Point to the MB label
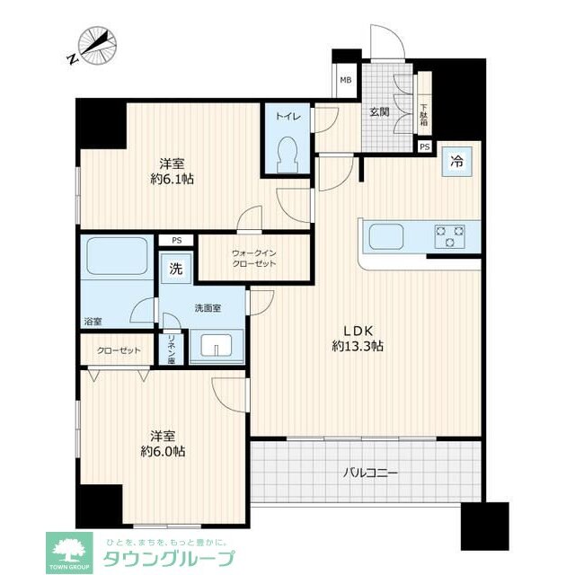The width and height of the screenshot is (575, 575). click(346, 79)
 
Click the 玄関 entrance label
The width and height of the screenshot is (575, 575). click(378, 111)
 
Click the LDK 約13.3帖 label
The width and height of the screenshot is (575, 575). click(358, 337)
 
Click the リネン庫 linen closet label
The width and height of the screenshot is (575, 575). click(172, 349)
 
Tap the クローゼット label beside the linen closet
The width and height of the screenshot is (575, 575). click(119, 349)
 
